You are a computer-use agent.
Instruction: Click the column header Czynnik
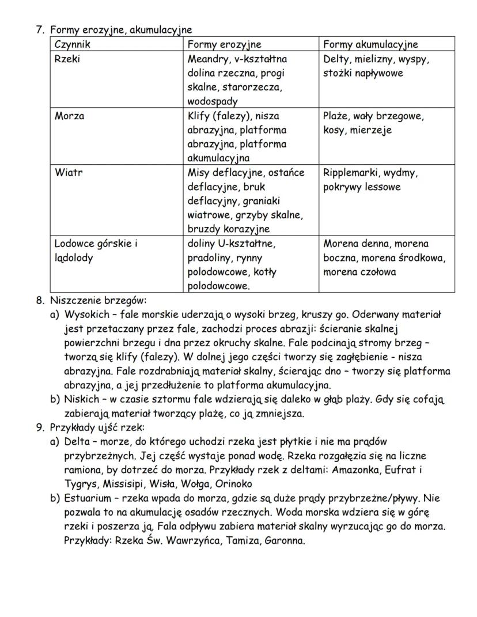73,44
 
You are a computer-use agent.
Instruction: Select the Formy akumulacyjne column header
370,44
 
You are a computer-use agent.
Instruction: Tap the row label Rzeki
67,59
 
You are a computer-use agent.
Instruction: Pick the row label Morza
69,116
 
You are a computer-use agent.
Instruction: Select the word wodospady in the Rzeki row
213,101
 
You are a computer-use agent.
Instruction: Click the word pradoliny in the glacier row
209,258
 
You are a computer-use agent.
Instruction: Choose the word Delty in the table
336,59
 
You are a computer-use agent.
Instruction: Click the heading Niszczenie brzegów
98,300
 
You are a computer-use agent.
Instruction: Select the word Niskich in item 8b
81,399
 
